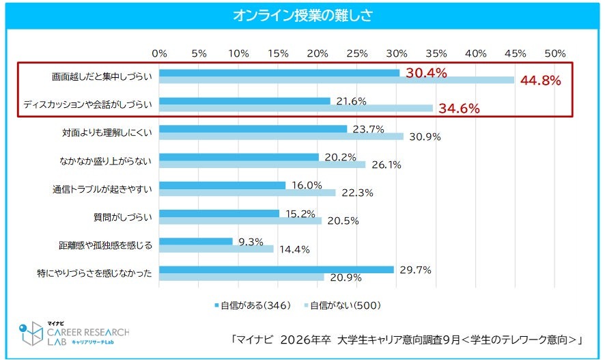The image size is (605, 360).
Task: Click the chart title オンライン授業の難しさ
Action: [x=302, y=15]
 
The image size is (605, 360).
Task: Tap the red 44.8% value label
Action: [x=540, y=81]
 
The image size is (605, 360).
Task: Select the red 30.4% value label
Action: [x=426, y=72]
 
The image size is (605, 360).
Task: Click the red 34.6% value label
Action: [x=459, y=108]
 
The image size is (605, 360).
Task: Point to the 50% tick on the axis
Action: [x=554, y=53]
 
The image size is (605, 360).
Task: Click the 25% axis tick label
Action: [x=357, y=53]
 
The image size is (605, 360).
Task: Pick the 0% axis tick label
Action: [x=159, y=53]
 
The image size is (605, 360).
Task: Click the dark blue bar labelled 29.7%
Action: [x=277, y=269]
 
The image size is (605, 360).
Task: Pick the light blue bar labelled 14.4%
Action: [x=216, y=249]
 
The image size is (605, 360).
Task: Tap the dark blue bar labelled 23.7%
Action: [x=253, y=128]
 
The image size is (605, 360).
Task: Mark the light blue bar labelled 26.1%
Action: [x=262, y=165]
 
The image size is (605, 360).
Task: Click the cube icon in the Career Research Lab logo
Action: [x=31, y=332]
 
